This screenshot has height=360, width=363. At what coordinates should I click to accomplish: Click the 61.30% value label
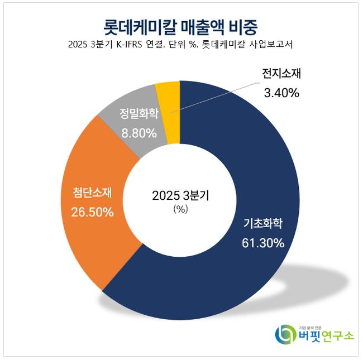click(263, 243)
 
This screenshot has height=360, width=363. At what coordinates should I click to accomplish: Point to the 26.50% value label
click(92, 212)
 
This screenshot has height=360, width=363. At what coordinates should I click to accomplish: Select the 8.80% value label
click(138, 133)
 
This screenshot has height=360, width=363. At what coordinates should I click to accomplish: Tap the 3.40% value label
click(281, 93)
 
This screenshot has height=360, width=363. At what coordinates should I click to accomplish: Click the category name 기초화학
click(263, 224)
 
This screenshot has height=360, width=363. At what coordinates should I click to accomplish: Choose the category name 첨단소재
click(93, 193)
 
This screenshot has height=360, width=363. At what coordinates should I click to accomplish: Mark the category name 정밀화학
click(138, 114)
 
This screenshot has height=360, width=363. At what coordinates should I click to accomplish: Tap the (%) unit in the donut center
click(181, 210)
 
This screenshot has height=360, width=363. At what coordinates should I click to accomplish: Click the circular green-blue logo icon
click(286, 334)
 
